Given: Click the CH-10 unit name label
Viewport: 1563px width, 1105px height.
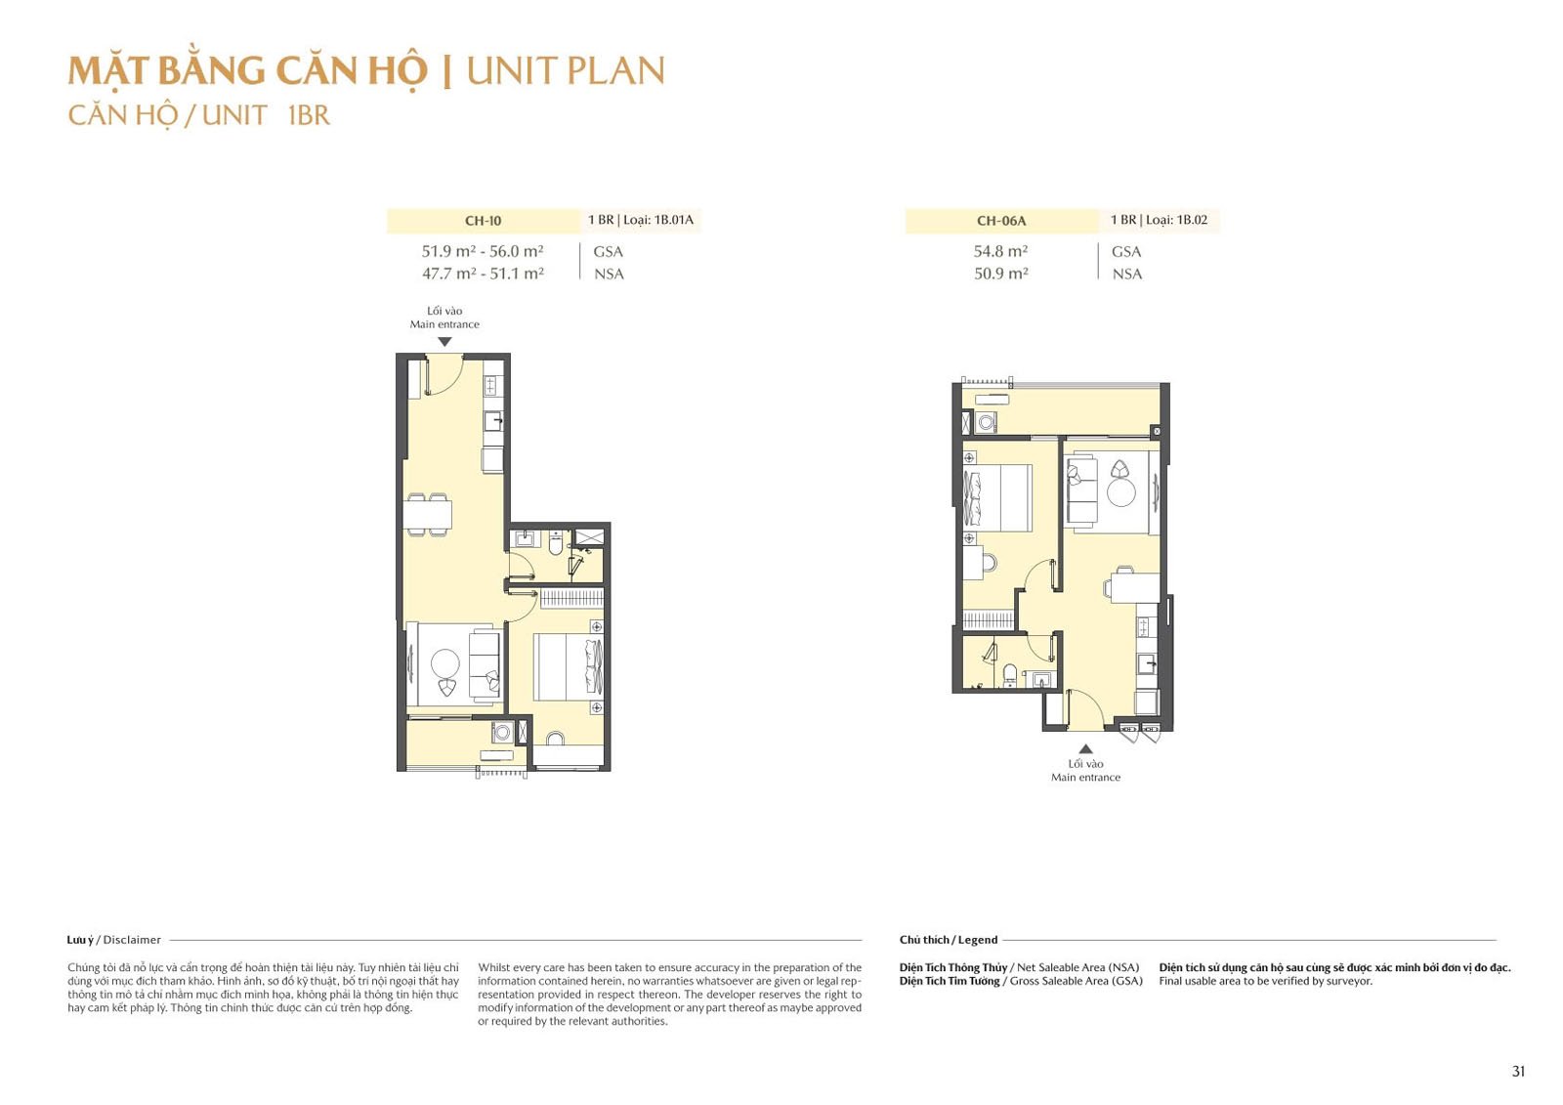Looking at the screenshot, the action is click(483, 221).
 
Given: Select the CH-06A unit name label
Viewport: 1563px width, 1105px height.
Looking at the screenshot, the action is click(1001, 221).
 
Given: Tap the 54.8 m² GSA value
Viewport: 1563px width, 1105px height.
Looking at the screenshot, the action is click(1000, 250).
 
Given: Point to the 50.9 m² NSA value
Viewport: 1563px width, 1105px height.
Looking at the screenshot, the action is click(1000, 273).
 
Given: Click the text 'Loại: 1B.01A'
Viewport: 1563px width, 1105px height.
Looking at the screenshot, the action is click(658, 220).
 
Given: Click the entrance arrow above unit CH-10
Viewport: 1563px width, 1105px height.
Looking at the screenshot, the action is click(444, 342).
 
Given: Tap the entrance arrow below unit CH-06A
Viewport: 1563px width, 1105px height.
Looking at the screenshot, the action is click(1085, 749).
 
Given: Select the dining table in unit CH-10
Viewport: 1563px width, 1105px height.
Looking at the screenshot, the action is click(427, 515).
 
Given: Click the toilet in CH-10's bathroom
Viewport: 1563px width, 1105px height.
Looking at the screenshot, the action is click(556, 542).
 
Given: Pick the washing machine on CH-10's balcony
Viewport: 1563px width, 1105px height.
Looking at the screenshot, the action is click(502, 732).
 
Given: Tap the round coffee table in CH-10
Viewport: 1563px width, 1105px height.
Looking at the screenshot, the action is click(445, 663).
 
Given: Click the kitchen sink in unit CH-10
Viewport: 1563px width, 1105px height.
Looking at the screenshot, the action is click(493, 421).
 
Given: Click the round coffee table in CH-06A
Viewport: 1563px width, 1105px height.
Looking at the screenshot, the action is click(1121, 492).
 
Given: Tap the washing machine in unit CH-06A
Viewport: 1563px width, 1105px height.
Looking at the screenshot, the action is click(986, 422).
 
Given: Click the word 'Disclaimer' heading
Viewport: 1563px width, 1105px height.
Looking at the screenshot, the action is click(132, 940).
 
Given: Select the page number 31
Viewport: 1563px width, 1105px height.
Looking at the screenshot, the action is click(1518, 1071).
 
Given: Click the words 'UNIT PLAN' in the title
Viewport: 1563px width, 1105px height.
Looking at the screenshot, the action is click(566, 71).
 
